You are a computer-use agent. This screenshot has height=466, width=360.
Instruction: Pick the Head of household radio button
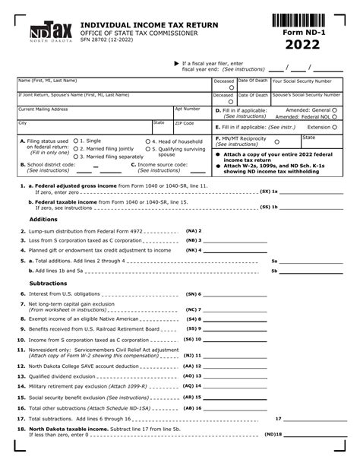[x=147, y=141]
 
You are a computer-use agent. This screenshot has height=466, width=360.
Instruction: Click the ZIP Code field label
[x=185, y=122]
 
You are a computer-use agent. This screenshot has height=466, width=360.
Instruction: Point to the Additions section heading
[x=43, y=219]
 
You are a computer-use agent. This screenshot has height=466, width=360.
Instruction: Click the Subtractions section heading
[x=49, y=283]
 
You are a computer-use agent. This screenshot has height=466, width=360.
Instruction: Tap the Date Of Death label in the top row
[x=252, y=81]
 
